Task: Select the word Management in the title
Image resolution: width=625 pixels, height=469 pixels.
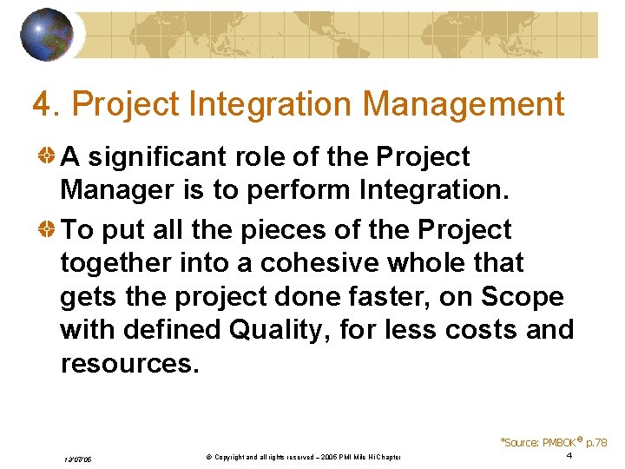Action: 464,104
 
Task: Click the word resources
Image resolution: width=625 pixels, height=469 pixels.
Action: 129,363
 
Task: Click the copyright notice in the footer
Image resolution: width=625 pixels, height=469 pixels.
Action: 295,457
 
